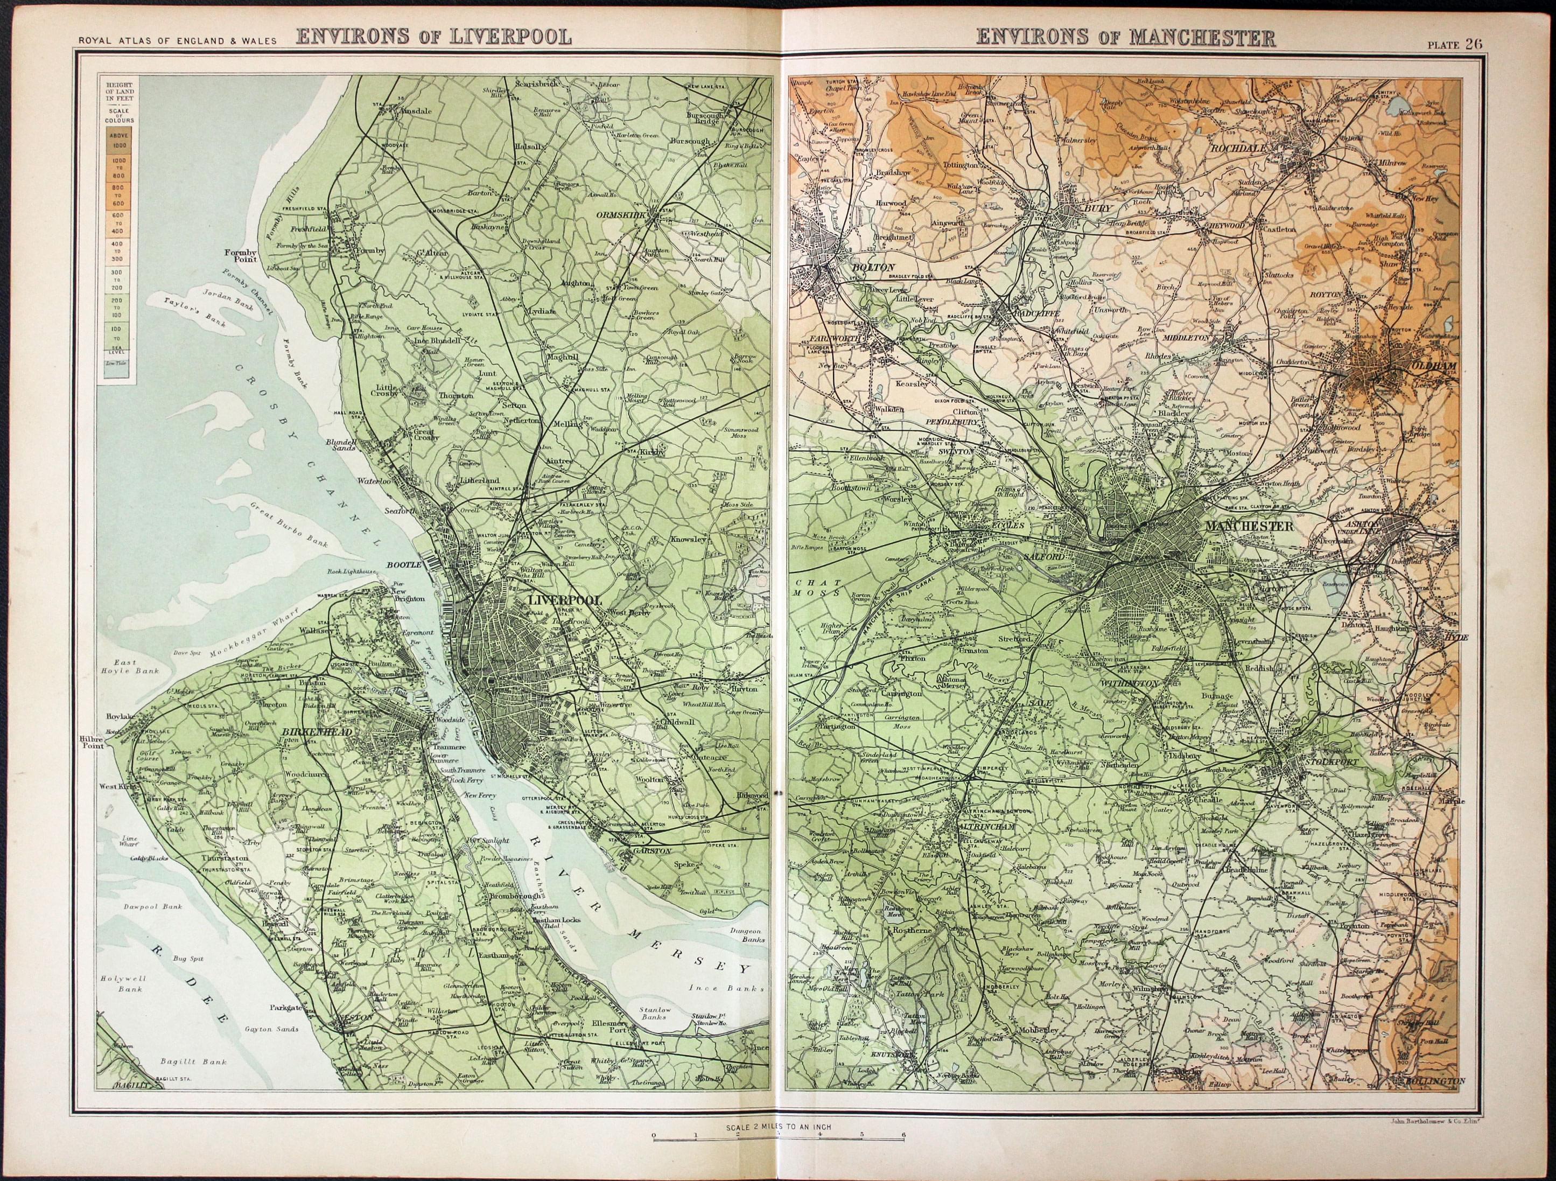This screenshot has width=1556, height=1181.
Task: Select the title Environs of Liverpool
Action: [x=433, y=37]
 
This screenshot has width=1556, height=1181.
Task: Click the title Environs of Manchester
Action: [x=1125, y=37]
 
